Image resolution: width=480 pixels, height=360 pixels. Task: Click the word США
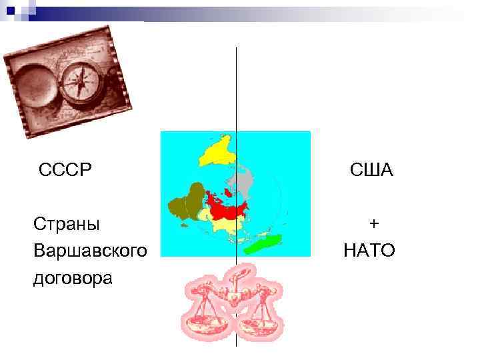[372, 170]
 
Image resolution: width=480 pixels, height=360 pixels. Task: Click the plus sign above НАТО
[375, 223]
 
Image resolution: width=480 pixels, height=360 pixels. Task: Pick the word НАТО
[369, 251]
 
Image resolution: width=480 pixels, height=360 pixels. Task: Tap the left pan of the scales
[205, 327]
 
